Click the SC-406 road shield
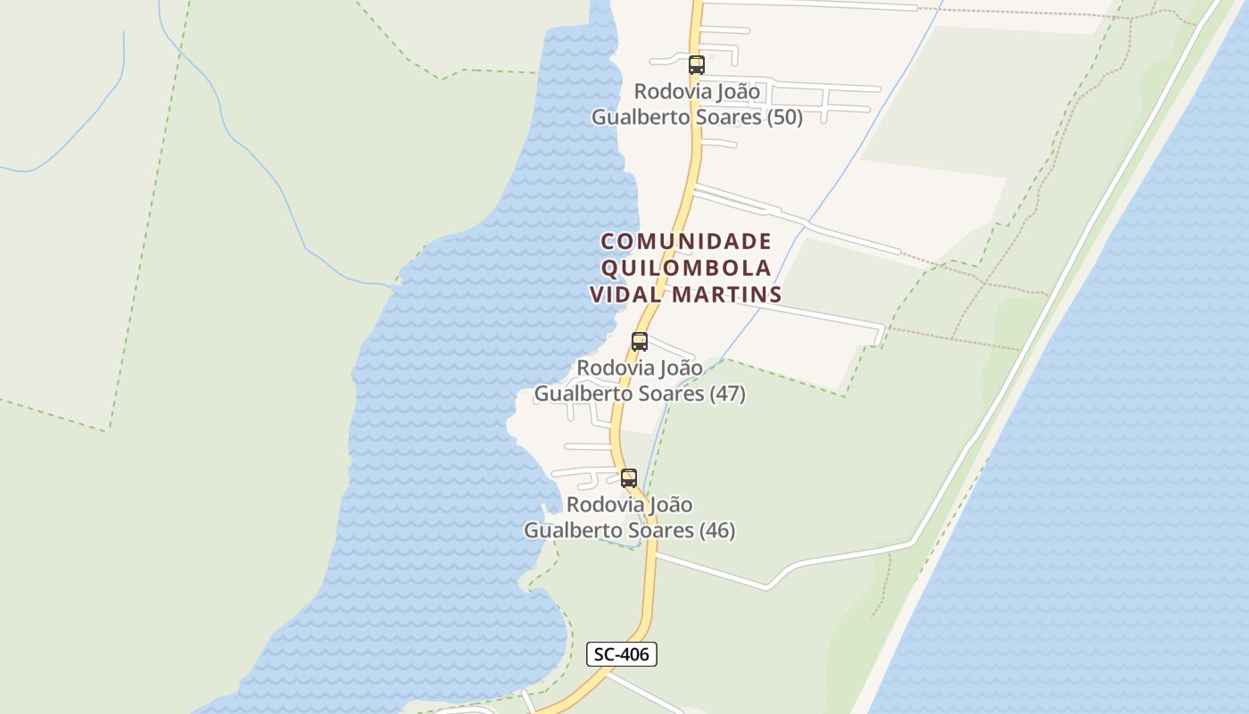[x=622, y=654]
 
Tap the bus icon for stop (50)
[x=697, y=65]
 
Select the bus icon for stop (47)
[x=640, y=342]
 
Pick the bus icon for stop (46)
[x=629, y=478]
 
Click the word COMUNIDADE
[x=686, y=242]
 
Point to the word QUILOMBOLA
[x=686, y=269]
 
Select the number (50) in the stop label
[x=785, y=118]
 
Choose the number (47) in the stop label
[x=728, y=394]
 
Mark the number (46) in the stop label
[x=717, y=531]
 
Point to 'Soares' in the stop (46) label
[x=661, y=531]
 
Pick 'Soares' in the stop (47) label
[x=671, y=394]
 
